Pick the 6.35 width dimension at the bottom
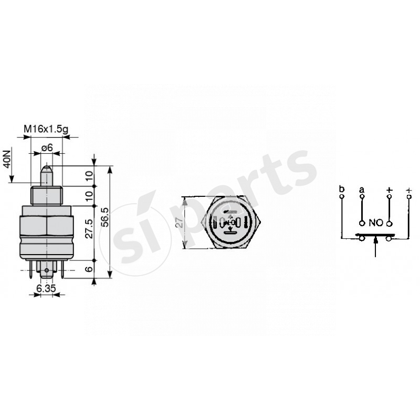coord(46,288)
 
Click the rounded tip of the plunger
coord(47,169)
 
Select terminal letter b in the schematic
coord(342,188)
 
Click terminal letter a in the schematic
coord(361,188)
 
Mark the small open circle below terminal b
coord(342,197)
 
